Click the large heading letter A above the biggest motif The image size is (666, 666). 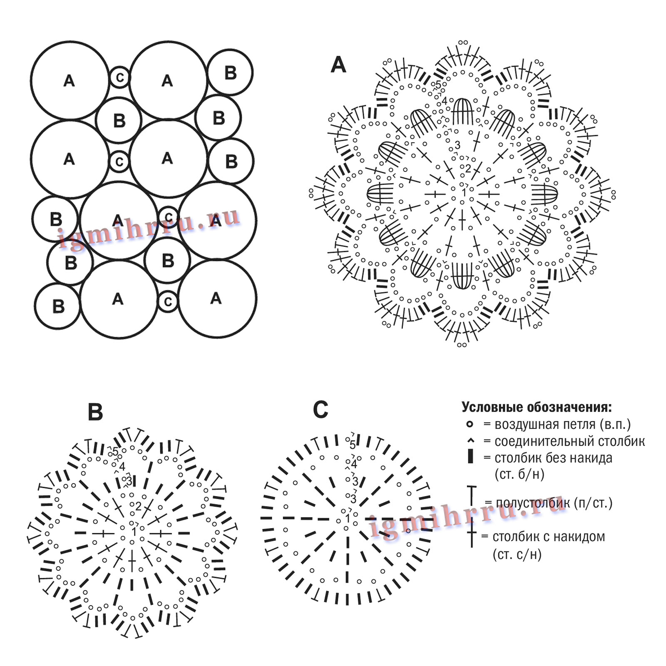[x=338, y=65]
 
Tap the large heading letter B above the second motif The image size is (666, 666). [x=95, y=413]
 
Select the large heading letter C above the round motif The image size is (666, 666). [x=321, y=410]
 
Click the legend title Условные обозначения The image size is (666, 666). [x=537, y=407]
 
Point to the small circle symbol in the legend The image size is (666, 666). [x=470, y=424]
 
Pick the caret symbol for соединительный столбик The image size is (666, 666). [x=471, y=440]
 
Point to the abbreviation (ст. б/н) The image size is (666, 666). [x=519, y=474]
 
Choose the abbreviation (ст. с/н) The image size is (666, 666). [x=517, y=554]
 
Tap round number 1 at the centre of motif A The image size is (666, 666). [x=464, y=193]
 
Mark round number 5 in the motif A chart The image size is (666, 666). [x=438, y=84]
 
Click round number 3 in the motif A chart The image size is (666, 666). [x=457, y=145]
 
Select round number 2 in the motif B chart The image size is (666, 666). [x=138, y=507]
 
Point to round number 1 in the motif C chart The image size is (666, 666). [x=348, y=519]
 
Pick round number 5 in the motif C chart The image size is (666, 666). [x=353, y=445]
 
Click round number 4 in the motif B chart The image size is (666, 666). [x=122, y=467]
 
